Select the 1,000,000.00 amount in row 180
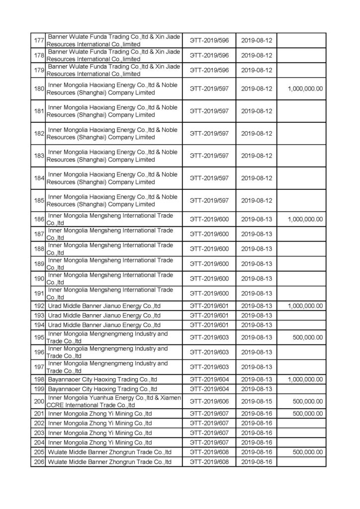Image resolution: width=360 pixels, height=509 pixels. pyautogui.click(x=305, y=88)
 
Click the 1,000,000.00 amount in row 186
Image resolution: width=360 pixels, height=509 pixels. pyautogui.click(x=305, y=219)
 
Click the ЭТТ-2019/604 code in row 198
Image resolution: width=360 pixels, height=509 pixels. pyautogui.click(x=209, y=379)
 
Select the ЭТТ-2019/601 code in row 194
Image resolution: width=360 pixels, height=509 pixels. pyautogui.click(x=209, y=325)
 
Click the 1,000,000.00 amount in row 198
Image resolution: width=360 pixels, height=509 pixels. pyautogui.click(x=305, y=379)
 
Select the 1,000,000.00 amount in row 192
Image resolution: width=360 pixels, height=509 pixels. pyautogui.click(x=305, y=306)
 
